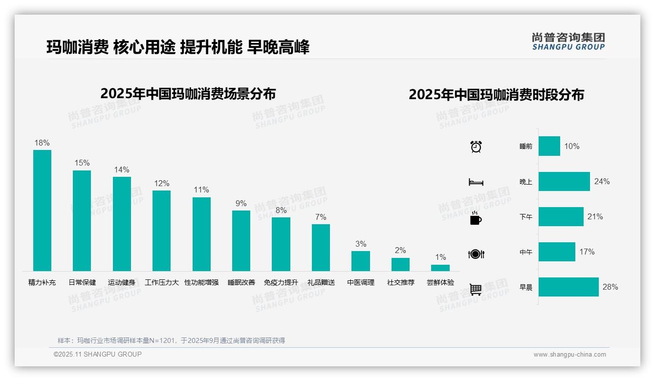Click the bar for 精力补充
(x=42, y=210)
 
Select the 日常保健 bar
(x=82, y=220)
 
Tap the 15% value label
(x=82, y=163)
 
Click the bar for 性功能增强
(x=201, y=234)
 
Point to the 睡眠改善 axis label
(x=241, y=282)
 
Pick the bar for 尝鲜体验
(x=440, y=268)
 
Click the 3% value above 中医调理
(x=361, y=244)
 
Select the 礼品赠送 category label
(x=321, y=282)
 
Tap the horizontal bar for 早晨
(x=568, y=287)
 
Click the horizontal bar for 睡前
(x=549, y=146)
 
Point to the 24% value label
(x=602, y=181)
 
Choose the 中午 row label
(x=526, y=252)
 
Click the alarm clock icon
(x=476, y=147)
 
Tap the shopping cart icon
(x=476, y=289)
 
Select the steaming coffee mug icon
(x=476, y=218)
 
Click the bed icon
(x=476, y=182)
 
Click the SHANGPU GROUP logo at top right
(x=568, y=42)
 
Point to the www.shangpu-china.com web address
(x=569, y=355)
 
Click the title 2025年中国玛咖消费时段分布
(x=496, y=94)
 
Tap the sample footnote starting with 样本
(x=171, y=340)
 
